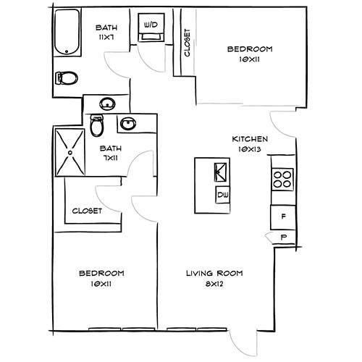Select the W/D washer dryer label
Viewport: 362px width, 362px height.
pos(151,25)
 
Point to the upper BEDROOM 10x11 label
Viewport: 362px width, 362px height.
pos(249,49)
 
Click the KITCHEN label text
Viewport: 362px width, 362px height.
pos(250,139)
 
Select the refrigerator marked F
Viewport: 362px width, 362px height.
pos(282,216)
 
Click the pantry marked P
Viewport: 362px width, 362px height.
pos(283,237)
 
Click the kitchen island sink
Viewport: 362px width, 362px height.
pos(221,172)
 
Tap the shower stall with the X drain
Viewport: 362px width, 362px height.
pos(70,153)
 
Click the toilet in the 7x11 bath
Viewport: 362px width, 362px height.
pos(97,126)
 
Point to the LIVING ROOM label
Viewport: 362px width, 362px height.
pos(214,273)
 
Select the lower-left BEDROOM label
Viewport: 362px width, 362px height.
pos(101,273)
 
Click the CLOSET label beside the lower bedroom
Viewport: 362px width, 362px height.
pos(87,211)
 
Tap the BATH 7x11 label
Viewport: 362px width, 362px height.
pos(111,148)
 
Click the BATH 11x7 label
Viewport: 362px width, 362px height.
pos(108,29)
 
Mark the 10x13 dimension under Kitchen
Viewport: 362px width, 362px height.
pos(251,149)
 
